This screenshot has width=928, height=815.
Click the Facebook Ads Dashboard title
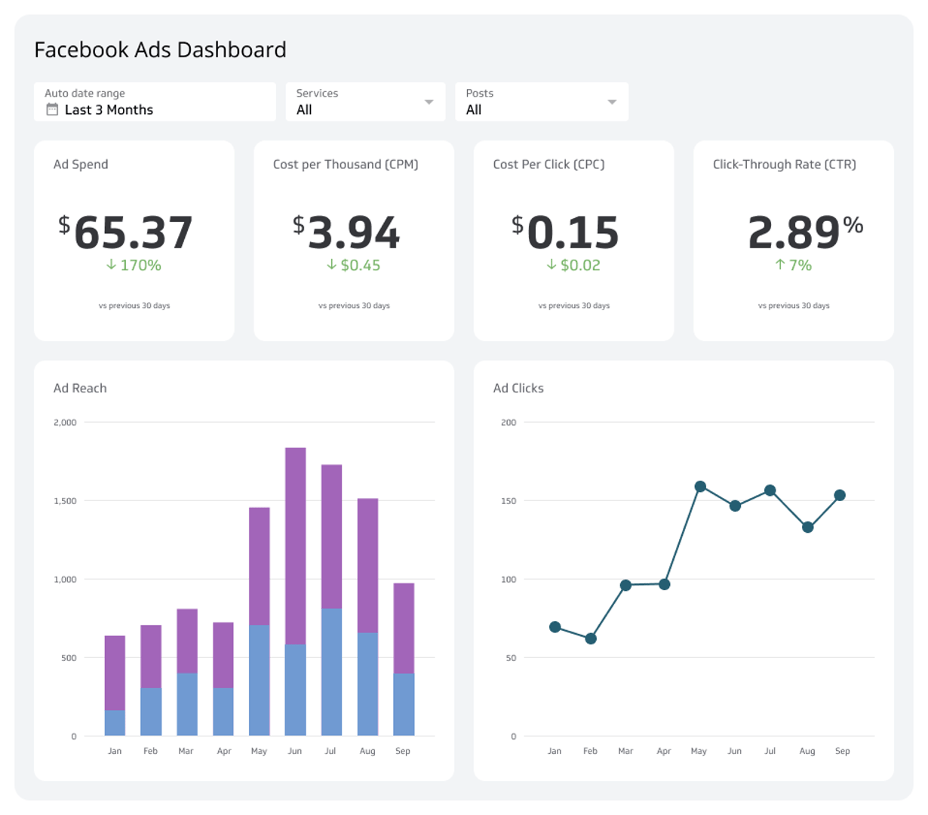[x=160, y=50]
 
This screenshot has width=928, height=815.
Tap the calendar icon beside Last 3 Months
[x=52, y=109]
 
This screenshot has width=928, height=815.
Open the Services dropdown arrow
[x=429, y=102]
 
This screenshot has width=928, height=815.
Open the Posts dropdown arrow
[x=612, y=102]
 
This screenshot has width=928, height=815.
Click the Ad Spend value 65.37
[x=134, y=232]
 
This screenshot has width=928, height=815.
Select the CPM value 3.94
[x=354, y=232]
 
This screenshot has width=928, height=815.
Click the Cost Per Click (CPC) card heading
[x=549, y=165]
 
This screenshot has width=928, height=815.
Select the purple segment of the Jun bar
[x=295, y=545]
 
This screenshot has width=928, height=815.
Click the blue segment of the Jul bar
[x=331, y=672]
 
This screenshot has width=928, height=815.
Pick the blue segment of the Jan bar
[x=115, y=723]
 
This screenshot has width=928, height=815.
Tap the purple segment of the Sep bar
[x=404, y=628]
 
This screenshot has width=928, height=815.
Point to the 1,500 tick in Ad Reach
[x=65, y=501]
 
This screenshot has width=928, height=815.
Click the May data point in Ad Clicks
[x=700, y=487]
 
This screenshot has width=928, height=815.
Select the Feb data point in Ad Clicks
[x=591, y=638]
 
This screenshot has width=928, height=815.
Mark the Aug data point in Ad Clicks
[x=807, y=527]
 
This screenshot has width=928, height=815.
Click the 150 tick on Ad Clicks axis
[x=509, y=501]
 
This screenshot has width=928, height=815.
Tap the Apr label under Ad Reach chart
[x=223, y=751]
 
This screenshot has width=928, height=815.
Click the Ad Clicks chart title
[x=518, y=388]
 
